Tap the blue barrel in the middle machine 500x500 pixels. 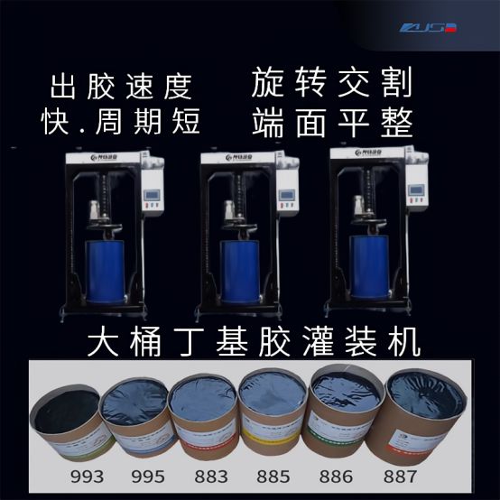[x=240, y=269]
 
